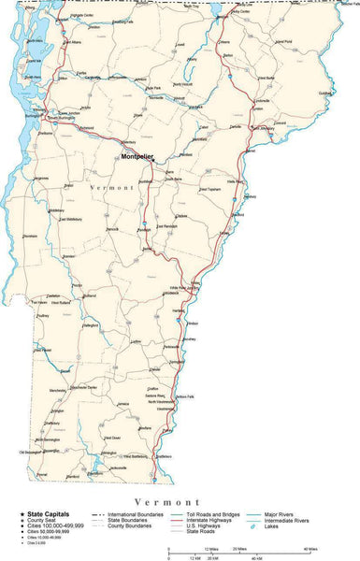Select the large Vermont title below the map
(167, 502)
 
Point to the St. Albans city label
(72, 41)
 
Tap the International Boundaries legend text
(136, 514)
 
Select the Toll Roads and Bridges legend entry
(210, 514)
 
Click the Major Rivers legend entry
(281, 514)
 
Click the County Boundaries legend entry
(129, 526)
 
